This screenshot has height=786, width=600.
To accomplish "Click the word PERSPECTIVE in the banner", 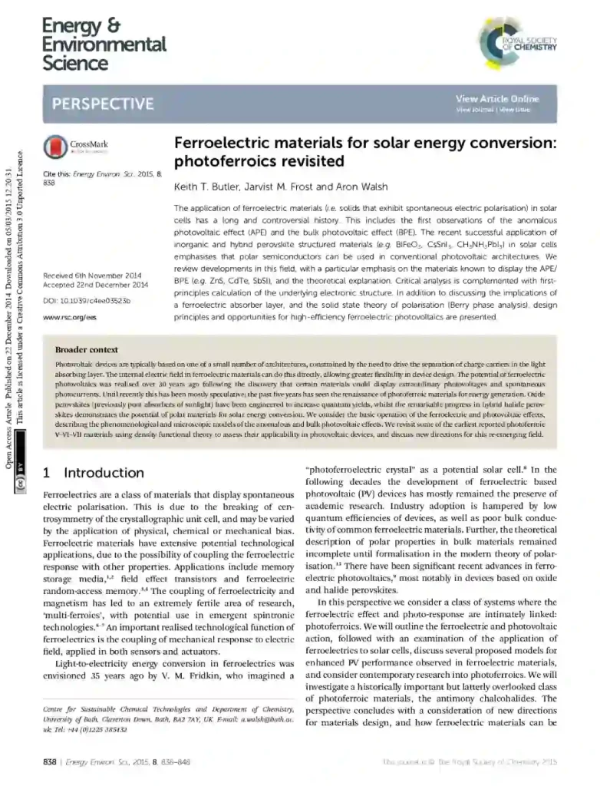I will coord(102,104).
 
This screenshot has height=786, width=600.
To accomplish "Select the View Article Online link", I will coord(497,99).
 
